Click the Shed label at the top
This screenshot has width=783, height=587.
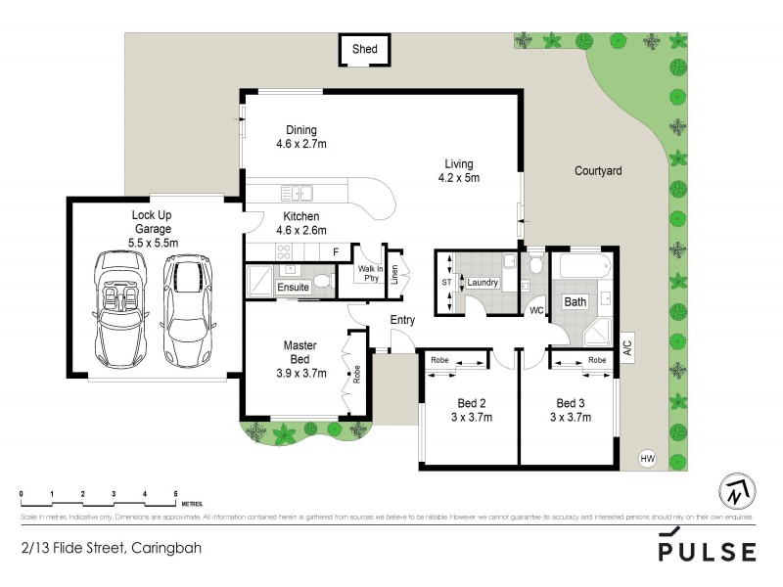click(x=365, y=49)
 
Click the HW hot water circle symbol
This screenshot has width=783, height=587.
click(x=646, y=457)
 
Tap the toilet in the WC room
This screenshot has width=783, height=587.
click(x=535, y=267)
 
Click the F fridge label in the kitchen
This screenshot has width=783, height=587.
click(x=336, y=252)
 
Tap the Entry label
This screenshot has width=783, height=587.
click(x=402, y=320)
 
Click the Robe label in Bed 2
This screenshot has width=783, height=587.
click(x=439, y=360)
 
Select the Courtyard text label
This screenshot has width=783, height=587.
click(x=598, y=170)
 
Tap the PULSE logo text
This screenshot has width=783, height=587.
click(x=706, y=551)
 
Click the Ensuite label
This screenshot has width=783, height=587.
click(x=294, y=287)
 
